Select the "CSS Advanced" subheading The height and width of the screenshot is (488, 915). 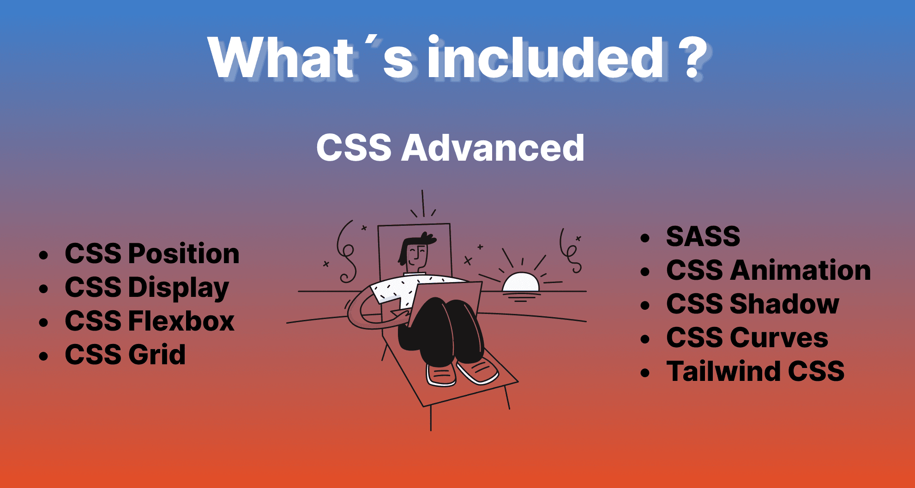(x=450, y=148)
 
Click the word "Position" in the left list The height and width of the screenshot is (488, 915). (x=184, y=254)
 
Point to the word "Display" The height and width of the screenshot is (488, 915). (x=179, y=288)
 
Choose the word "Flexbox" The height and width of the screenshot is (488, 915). (x=181, y=321)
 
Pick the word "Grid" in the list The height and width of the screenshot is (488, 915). (x=157, y=355)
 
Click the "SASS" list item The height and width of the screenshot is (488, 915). (x=703, y=236)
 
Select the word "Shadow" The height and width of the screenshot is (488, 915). (x=784, y=304)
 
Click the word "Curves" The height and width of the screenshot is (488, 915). (x=779, y=338)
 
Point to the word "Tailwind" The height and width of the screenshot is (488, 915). (x=723, y=371)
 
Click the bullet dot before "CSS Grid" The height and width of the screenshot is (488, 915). (x=44, y=356)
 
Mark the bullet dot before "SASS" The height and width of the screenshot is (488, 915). (x=645, y=238)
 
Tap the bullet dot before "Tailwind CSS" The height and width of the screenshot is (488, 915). (x=645, y=373)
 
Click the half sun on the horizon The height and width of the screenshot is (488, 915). (x=521, y=283)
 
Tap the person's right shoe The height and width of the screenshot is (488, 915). (x=441, y=375)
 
